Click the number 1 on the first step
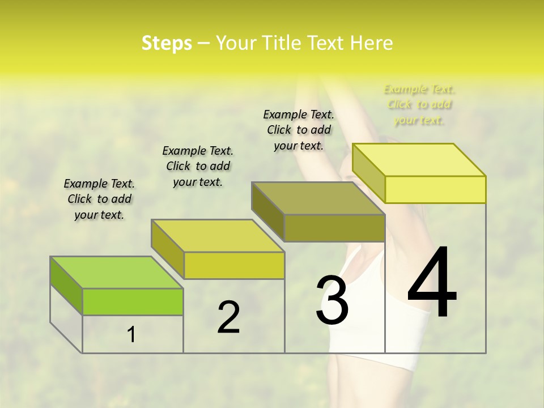[x=131, y=335]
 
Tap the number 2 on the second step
[x=228, y=317]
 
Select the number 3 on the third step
[x=332, y=300]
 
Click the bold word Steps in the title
[x=167, y=43]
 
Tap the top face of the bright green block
[x=117, y=273]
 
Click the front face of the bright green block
[x=133, y=301]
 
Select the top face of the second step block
[x=218, y=236]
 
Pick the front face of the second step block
[x=234, y=265]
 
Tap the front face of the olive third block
[x=334, y=228]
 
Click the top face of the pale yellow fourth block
[x=419, y=160]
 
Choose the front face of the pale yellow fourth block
[x=435, y=189]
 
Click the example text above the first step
[x=99, y=199]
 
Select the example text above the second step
[x=198, y=166]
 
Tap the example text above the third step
[x=299, y=130]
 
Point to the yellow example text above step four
[x=419, y=104]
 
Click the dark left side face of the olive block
[x=267, y=211]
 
